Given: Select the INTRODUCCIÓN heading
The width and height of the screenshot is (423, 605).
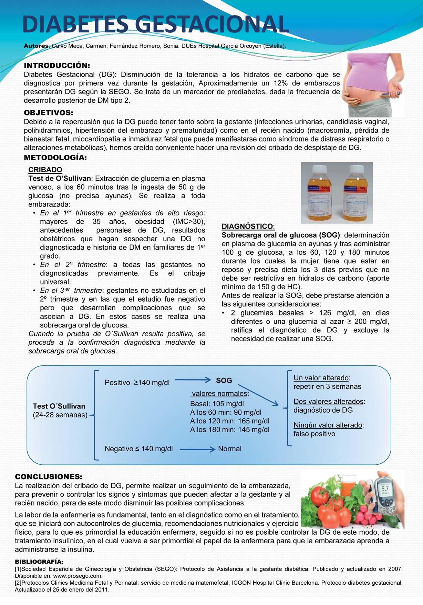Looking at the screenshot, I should (x=57, y=65).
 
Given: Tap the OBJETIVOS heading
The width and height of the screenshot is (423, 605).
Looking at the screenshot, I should (x=49, y=113).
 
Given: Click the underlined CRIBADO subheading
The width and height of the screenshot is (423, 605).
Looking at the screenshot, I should (x=45, y=170).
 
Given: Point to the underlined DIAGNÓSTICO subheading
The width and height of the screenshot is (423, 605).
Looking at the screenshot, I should (x=247, y=226).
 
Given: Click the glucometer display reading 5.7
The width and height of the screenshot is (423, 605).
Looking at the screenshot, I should (x=385, y=488).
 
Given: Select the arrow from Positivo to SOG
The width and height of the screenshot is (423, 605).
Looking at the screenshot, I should (x=193, y=380).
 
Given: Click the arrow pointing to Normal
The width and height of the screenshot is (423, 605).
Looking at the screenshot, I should (x=197, y=449).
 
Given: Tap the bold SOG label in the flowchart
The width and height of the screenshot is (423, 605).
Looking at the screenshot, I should (x=224, y=381).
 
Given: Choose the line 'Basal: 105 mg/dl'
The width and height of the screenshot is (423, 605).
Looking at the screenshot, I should (x=217, y=404).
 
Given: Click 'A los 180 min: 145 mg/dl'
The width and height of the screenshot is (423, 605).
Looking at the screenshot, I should (x=230, y=430).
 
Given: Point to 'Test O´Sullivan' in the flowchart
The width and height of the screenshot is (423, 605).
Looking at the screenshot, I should (x=59, y=406).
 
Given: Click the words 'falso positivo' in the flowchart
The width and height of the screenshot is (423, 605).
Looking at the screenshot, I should (x=314, y=434).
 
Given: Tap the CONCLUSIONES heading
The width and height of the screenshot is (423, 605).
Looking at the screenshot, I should (x=49, y=477).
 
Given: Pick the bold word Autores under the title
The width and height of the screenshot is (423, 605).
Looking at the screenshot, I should (x=36, y=46).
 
